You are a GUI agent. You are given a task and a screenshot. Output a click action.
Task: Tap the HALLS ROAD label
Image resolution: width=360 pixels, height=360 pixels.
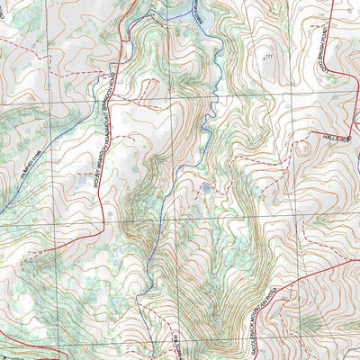(x=340, y=138)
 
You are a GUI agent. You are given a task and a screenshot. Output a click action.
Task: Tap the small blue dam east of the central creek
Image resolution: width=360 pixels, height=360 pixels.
(x=206, y=189)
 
